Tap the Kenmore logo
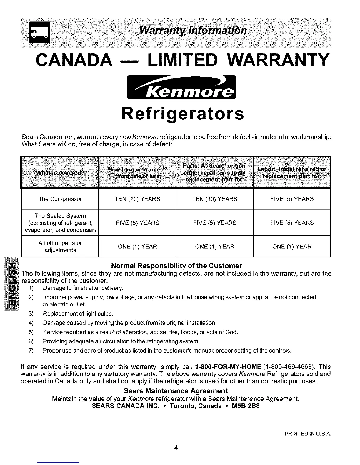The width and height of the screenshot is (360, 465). coord(181,87)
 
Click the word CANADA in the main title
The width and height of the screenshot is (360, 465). coord(74,60)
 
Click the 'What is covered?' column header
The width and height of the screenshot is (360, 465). coord(60,173)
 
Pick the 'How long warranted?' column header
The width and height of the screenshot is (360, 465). coord(137,173)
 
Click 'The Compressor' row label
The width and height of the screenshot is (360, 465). coord(60,199)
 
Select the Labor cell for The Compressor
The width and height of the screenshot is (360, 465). coord(292,199)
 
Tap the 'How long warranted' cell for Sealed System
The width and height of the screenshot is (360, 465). coord(137,223)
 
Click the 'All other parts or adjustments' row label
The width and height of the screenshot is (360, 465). coord(60,247)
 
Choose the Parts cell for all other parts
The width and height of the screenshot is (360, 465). coord(214,247)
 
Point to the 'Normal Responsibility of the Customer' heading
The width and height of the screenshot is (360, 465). coord(176,266)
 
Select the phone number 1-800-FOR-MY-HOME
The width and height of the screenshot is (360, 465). coord(228,367)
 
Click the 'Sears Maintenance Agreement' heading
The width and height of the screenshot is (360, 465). coord(176,391)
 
